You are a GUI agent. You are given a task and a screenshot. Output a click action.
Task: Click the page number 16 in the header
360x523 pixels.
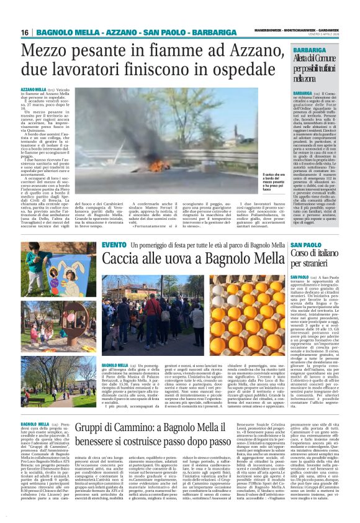point(24,32)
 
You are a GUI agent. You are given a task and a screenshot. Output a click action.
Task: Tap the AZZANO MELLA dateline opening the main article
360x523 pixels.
point(33,90)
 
